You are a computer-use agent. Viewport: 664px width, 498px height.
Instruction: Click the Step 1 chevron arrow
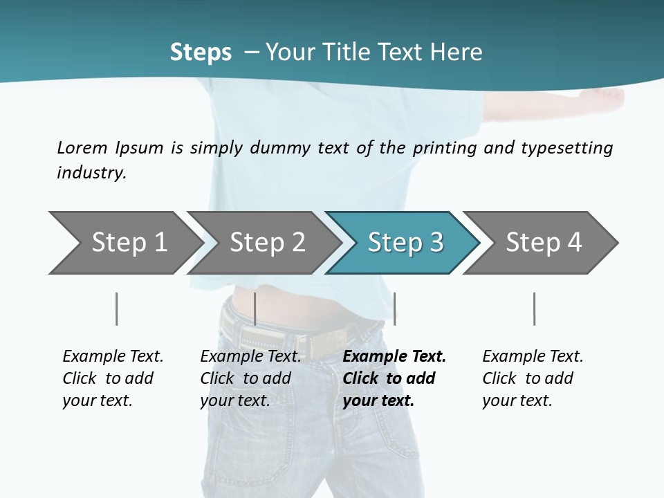click(x=124, y=243)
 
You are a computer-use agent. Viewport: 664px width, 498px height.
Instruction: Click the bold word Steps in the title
click(x=201, y=53)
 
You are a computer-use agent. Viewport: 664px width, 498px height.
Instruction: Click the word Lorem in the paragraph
click(x=82, y=148)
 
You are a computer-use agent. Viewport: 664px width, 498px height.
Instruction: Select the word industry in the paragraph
click(x=91, y=173)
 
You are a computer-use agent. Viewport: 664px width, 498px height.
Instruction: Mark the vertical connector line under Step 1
click(x=116, y=308)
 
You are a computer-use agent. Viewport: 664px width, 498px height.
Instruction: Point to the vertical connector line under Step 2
click(x=255, y=308)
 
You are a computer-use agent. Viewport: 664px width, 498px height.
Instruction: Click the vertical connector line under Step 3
click(x=394, y=308)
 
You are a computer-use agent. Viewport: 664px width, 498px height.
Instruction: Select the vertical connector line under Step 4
click(x=534, y=308)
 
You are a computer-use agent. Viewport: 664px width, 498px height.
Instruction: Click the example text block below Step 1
click(x=113, y=378)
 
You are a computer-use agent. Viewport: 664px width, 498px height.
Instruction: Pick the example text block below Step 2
click(x=250, y=378)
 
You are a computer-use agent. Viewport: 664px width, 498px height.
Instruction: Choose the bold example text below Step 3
click(x=394, y=378)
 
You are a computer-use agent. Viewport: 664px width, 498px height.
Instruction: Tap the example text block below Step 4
click(x=533, y=378)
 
